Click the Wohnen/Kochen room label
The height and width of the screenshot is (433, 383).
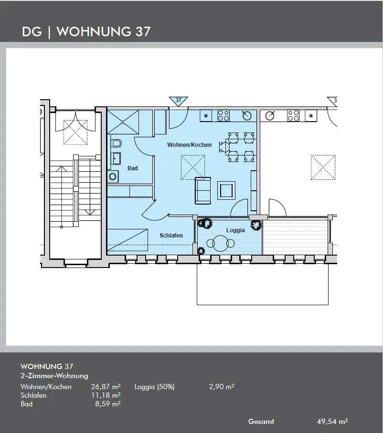point(189,144)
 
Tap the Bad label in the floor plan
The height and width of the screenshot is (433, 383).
point(132,168)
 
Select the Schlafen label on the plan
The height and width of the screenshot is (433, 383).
point(171,235)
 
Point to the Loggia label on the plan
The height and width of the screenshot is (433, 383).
point(235,230)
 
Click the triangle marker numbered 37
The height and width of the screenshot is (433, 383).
point(178,101)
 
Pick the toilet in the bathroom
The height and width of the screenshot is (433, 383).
point(116,144)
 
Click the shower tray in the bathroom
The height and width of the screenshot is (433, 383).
point(123,122)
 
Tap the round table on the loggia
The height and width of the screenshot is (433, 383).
point(220,243)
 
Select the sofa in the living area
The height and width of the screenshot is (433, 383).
point(203,191)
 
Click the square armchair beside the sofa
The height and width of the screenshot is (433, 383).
point(226,190)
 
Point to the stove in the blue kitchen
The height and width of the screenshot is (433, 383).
point(223,116)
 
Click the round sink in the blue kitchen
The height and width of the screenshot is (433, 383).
point(247,116)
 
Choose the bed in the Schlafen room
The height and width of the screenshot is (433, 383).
point(128,239)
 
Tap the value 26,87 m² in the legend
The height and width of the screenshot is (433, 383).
point(106,387)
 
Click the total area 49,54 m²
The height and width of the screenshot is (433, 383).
point(332,422)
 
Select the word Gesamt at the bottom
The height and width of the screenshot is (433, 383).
point(261,422)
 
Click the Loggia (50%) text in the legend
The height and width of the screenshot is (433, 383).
point(155,387)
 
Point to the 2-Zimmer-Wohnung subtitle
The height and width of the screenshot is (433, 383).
point(54,376)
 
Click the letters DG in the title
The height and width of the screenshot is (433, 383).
point(32,32)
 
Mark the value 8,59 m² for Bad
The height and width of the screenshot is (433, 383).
point(108,404)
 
